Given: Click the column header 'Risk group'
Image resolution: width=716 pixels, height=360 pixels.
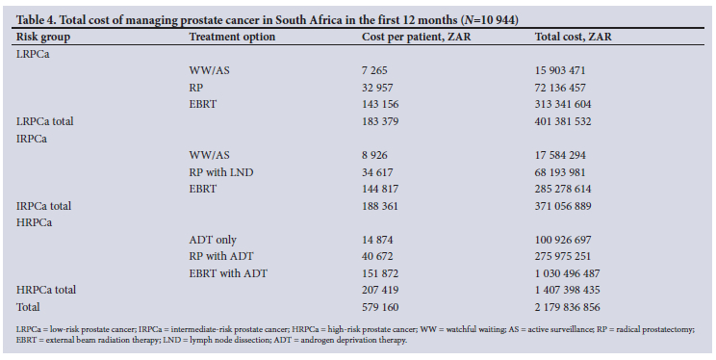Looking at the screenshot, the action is [x=43, y=37].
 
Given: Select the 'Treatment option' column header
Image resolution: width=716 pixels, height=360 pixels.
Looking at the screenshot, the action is [x=232, y=37].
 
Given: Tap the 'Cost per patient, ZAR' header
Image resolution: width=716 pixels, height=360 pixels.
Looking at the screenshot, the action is [x=416, y=37].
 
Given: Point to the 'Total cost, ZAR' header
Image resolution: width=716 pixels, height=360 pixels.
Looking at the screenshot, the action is [x=573, y=37].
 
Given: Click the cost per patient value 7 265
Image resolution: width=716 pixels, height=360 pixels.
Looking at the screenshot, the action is [x=374, y=70].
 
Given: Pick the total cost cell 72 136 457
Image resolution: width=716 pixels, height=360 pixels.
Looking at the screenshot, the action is [x=560, y=88].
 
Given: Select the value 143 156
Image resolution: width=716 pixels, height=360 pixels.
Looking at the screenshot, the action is [x=380, y=104].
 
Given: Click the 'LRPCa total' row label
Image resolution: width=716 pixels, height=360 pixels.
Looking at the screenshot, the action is [x=44, y=121].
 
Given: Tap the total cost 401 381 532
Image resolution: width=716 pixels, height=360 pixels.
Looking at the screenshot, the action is [x=563, y=121].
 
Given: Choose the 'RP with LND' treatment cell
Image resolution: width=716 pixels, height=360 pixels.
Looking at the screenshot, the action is [x=221, y=172].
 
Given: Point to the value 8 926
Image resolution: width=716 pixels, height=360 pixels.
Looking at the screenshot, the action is [x=374, y=155].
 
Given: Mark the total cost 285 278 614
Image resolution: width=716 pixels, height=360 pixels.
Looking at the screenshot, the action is [x=563, y=189].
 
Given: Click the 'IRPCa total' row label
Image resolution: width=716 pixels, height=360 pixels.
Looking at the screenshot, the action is [x=44, y=206].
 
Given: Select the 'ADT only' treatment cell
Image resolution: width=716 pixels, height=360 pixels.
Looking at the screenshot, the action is [x=213, y=240].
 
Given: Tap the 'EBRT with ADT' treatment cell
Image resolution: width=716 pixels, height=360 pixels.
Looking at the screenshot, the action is [x=228, y=273].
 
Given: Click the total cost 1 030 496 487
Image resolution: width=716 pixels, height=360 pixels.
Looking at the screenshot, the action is [x=568, y=273].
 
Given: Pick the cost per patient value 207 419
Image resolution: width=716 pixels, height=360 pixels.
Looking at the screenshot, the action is [x=380, y=290].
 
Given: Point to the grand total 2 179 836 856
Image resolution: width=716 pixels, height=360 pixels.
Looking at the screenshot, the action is [x=568, y=307].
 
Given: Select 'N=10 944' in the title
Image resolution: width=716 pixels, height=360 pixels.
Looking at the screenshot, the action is [x=490, y=20].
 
